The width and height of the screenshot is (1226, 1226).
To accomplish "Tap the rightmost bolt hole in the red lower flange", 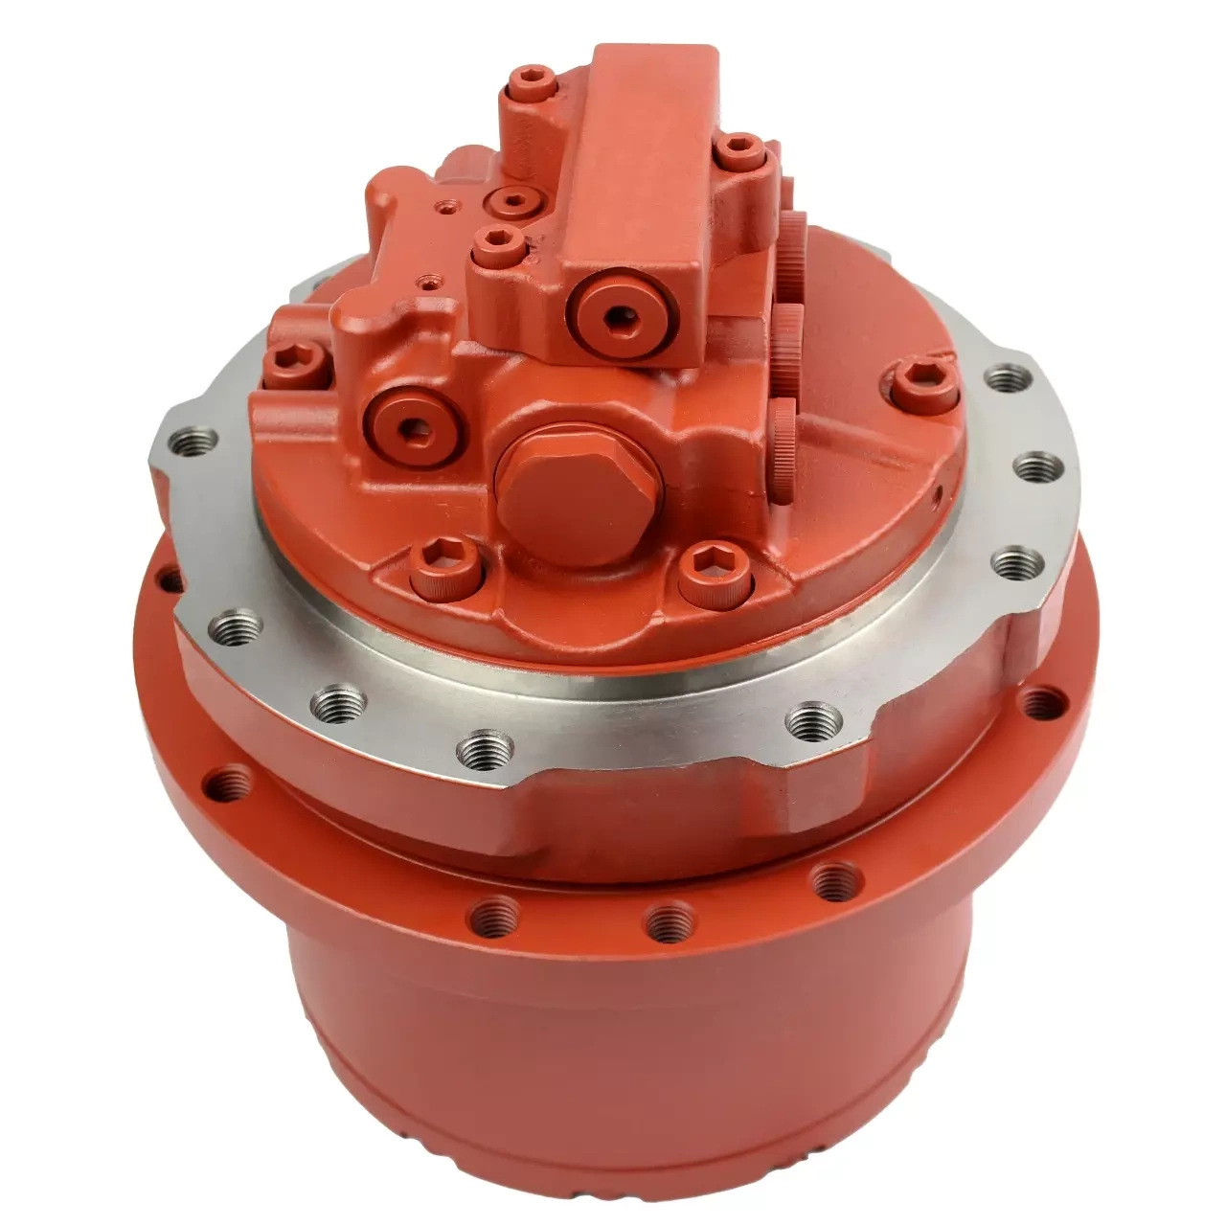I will coord(1038,704).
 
